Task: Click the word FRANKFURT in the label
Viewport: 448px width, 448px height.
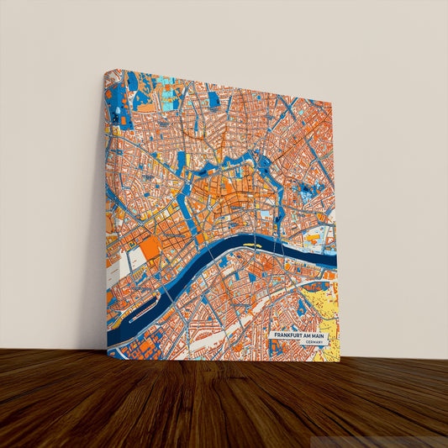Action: (288, 336)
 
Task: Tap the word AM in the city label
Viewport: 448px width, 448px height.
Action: (308, 336)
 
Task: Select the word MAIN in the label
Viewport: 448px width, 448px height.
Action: (319, 336)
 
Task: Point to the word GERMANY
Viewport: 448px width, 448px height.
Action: (314, 343)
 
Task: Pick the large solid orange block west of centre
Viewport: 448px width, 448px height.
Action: (150, 249)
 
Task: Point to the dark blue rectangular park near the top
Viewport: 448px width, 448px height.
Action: (214, 100)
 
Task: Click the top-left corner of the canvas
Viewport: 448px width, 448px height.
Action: (105, 71)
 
